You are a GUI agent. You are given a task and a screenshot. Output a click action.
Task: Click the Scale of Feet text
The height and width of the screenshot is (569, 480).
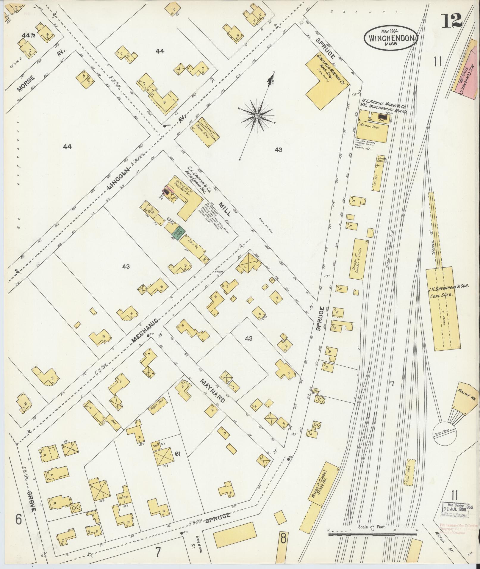pos(372,527)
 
